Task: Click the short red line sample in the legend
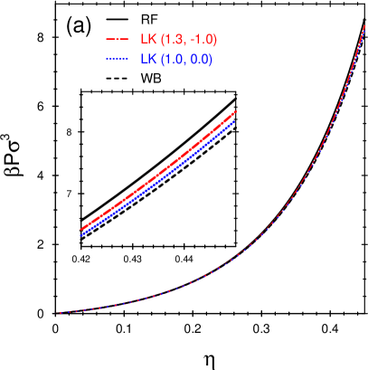point(117,40)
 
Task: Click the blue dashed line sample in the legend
point(117,60)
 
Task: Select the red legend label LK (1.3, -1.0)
point(178,40)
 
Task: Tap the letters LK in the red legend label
point(146,40)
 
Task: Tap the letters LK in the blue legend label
point(146,60)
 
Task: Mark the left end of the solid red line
point(81,229)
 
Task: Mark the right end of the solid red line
point(235,112)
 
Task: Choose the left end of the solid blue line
point(81,235)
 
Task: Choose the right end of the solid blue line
point(234,121)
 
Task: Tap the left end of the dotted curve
point(61,313)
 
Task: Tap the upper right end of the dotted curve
point(363,27)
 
